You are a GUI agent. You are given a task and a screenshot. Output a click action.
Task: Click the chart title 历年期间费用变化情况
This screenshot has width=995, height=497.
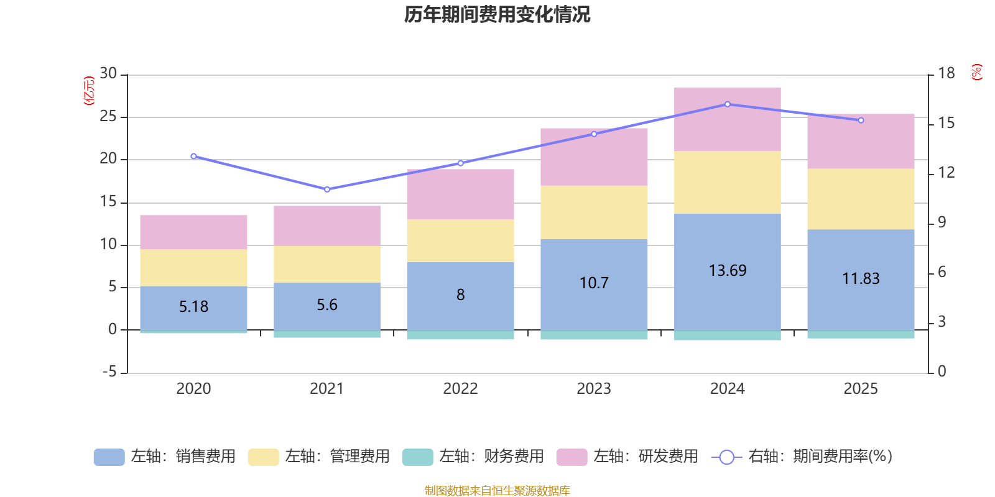[497, 14]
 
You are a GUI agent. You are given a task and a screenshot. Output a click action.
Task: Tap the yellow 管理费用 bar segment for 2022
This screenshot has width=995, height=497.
[460, 240]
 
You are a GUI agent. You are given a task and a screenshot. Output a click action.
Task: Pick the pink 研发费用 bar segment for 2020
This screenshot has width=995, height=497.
[193, 232]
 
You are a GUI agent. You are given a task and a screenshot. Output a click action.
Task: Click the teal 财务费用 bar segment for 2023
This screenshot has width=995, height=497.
[594, 335]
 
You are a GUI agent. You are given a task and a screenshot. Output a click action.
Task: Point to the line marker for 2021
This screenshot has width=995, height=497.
[327, 189]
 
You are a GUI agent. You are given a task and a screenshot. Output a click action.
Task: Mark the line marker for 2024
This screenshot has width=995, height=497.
[728, 104]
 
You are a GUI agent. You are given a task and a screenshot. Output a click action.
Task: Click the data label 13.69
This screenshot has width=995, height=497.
[728, 271]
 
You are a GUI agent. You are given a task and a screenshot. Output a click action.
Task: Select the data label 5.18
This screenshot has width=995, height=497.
[193, 307]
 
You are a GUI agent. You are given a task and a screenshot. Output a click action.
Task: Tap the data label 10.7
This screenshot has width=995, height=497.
[594, 283]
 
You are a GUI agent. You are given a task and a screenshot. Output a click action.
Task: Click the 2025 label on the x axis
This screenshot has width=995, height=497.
[861, 389]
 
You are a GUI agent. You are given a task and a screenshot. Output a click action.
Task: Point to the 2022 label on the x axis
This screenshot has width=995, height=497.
[460, 389]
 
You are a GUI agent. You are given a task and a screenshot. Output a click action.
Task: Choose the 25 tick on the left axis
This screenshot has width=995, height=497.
[108, 116]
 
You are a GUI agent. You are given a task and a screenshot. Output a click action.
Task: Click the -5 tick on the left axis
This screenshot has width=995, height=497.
[109, 372]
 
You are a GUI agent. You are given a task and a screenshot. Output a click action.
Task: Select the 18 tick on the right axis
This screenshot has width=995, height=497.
[946, 73]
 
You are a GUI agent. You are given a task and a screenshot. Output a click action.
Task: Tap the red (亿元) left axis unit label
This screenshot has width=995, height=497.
[89, 91]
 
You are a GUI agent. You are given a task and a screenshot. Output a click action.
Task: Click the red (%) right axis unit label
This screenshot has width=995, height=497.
[977, 72]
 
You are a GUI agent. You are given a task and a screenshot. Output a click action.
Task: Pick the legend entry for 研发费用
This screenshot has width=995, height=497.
[628, 457]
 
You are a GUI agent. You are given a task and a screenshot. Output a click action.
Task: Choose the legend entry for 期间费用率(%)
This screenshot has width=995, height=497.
[802, 457]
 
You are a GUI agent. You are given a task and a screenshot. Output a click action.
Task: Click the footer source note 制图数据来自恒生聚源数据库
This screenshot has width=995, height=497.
[497, 491]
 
